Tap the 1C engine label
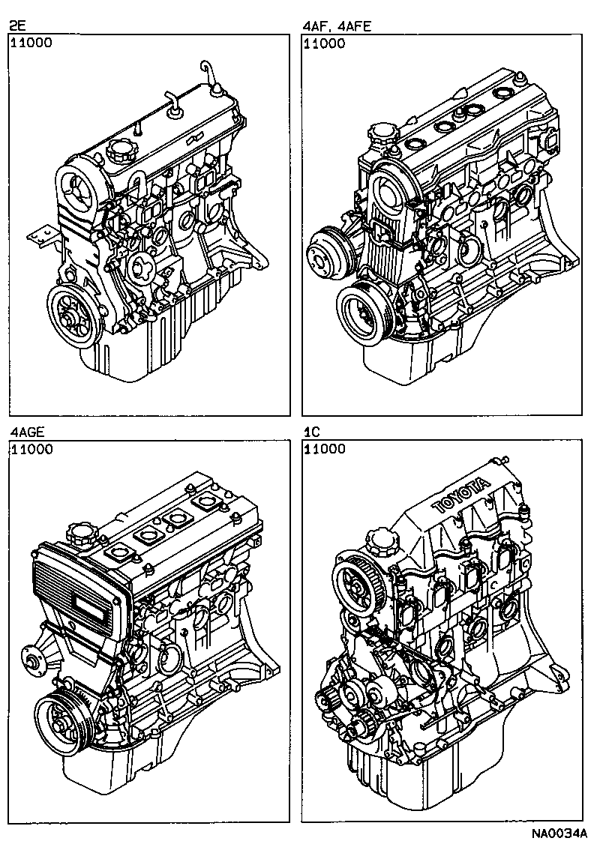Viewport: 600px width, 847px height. (312, 433)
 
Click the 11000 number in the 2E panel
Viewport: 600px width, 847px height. (31, 43)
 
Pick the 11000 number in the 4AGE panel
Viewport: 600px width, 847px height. (31, 450)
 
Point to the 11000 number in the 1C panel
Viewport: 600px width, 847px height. (325, 450)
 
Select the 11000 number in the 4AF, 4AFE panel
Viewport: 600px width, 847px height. (325, 43)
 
